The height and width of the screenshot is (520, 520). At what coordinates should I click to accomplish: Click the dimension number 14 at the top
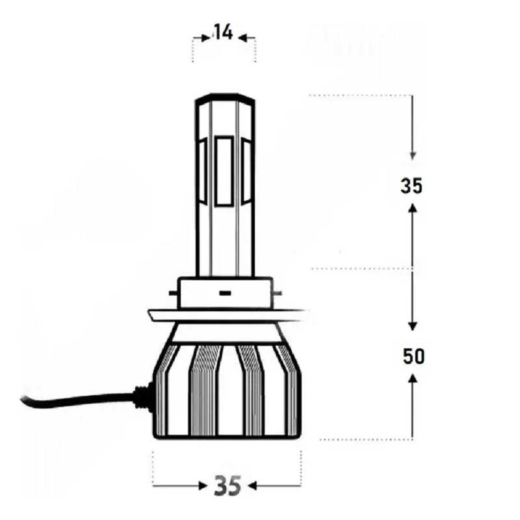(224, 32)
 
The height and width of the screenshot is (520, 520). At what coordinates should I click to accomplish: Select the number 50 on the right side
(413, 356)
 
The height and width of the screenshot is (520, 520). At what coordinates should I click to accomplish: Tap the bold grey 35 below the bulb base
(227, 486)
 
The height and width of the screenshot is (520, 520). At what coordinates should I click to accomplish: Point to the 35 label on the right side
(411, 186)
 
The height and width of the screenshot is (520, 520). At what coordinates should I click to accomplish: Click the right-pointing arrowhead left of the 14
(206, 38)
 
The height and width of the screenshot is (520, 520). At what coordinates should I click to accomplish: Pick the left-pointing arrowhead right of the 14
(242, 38)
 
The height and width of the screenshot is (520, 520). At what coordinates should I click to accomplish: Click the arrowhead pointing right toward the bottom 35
(203, 486)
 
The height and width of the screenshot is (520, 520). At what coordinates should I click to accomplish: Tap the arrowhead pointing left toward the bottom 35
(252, 486)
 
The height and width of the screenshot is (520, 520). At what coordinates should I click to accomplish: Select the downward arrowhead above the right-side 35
(413, 155)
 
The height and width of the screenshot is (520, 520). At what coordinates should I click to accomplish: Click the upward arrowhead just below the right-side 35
(413, 208)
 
